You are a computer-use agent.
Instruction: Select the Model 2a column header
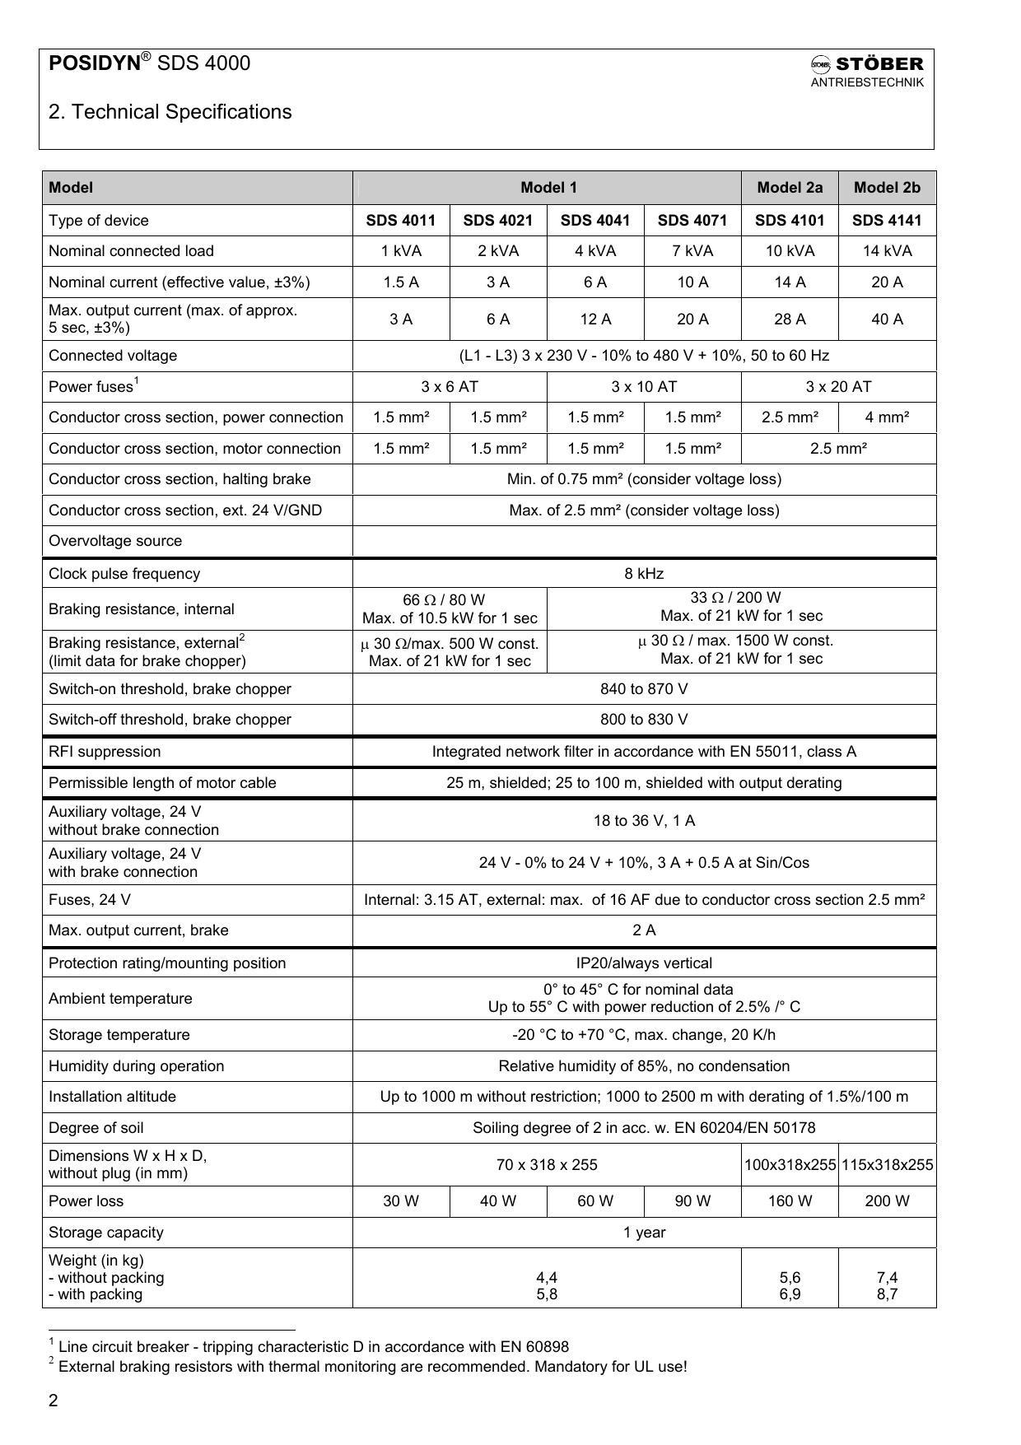790,188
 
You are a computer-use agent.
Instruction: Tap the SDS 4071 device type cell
692,221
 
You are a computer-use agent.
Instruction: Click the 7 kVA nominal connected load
692,251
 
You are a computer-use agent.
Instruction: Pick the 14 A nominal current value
790,282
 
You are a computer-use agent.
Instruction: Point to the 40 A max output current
887,319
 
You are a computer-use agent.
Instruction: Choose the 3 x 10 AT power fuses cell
644,387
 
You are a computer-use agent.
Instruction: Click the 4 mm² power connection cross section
887,417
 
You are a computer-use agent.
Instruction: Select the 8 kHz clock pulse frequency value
644,574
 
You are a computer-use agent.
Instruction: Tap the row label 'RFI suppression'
105,752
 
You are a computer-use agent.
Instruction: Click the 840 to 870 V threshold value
644,689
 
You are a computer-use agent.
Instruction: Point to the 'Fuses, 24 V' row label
90,900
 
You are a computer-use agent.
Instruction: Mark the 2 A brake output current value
644,930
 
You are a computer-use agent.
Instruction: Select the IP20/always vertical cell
644,963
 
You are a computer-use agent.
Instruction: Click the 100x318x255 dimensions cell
790,1165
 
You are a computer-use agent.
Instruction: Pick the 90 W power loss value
692,1201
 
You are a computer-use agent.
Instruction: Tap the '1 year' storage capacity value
644,1233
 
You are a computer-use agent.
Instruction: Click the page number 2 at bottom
54,1401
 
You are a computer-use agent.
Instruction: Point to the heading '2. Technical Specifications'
170,112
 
